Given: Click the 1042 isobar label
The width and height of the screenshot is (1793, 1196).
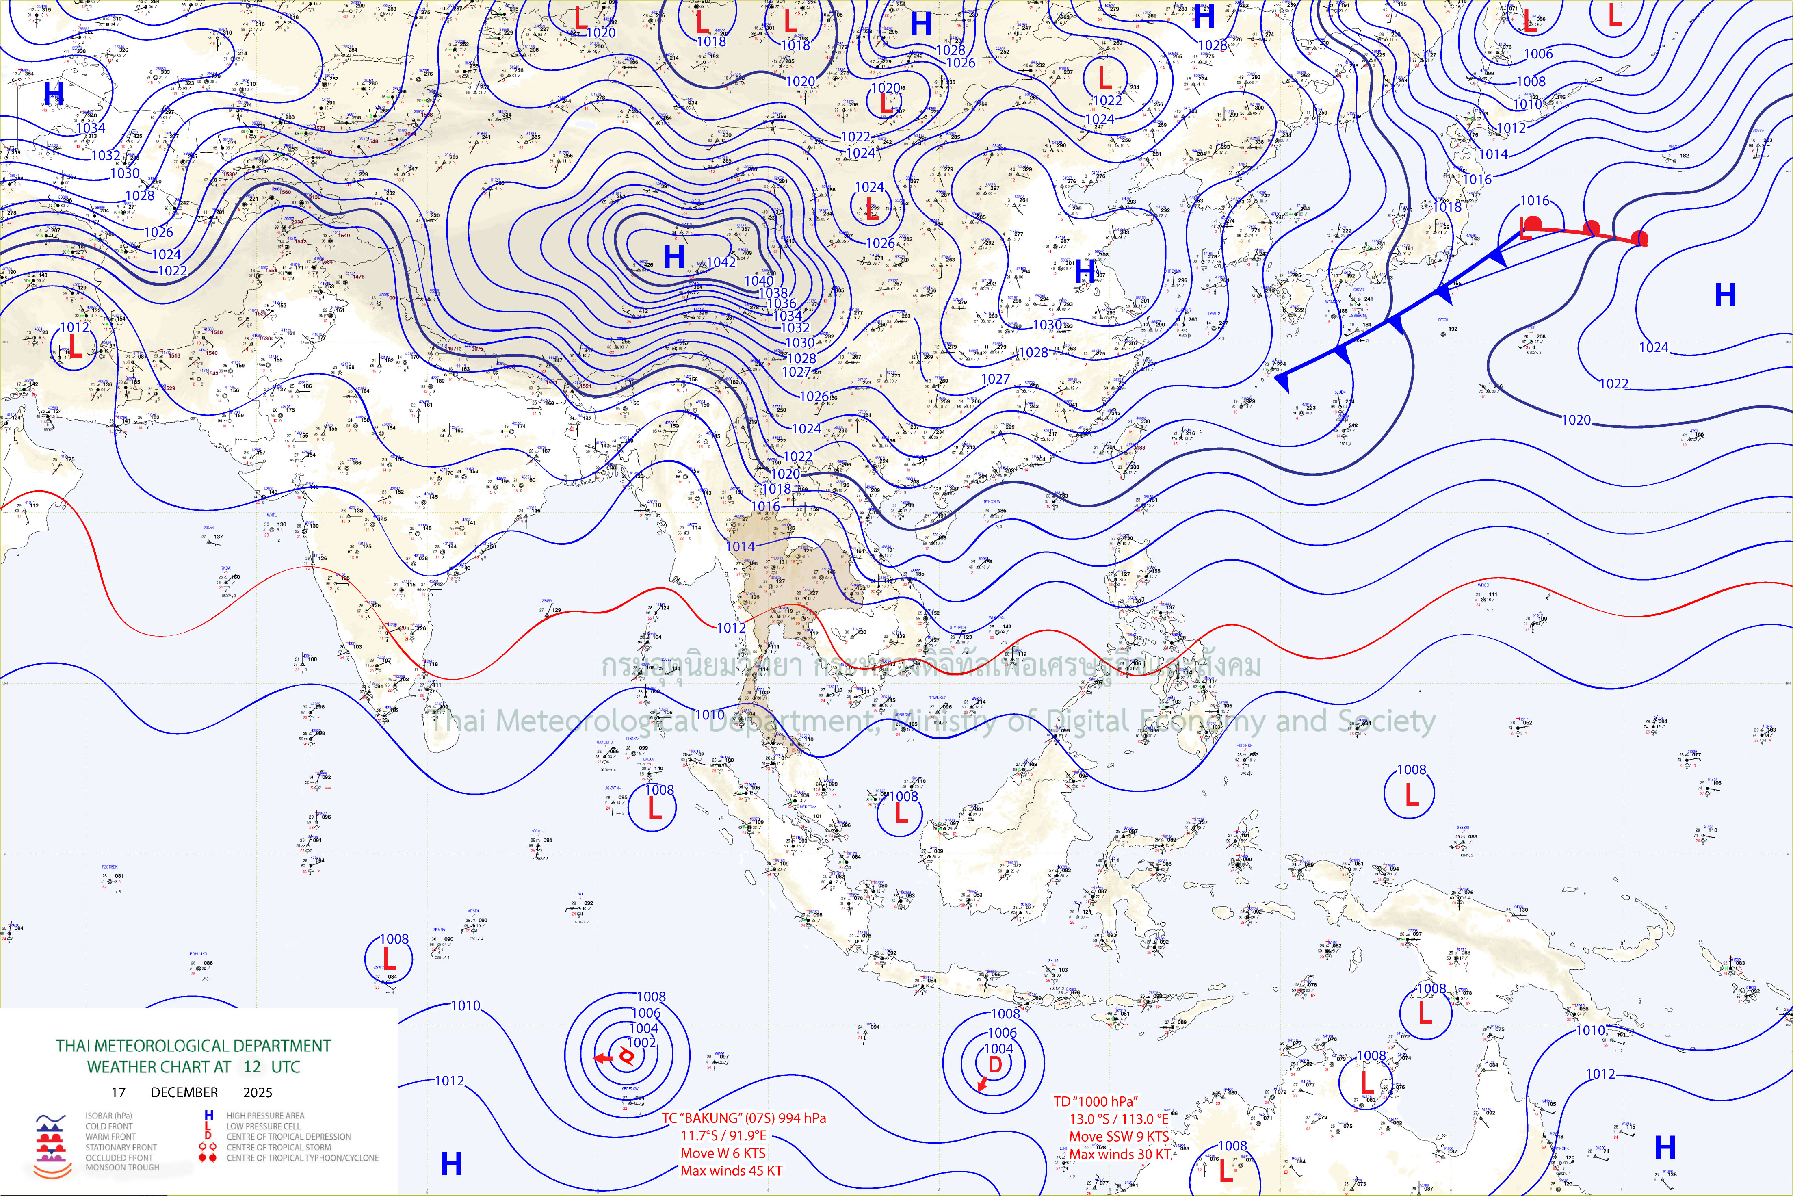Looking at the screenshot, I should coord(721,262).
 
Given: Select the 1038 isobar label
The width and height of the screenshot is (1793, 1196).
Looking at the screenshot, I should coord(773,293).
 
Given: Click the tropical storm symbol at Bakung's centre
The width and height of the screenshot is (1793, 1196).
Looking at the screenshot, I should coord(626,1056).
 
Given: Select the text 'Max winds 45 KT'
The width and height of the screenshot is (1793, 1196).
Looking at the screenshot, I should coord(732,1171).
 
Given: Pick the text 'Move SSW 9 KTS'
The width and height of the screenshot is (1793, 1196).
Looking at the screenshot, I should coord(1118,1137).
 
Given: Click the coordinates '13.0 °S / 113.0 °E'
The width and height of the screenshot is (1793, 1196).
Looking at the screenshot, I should coord(1118,1119).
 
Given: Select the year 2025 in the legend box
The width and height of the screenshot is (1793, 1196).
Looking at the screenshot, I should coord(258,1092).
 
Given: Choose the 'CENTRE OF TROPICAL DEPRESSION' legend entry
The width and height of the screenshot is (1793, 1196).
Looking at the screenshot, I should coord(288,1137).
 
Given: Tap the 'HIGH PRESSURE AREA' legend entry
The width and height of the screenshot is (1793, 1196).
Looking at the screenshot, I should coord(265,1115).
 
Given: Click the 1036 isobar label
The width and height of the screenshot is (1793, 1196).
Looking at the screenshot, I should coord(781,303).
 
